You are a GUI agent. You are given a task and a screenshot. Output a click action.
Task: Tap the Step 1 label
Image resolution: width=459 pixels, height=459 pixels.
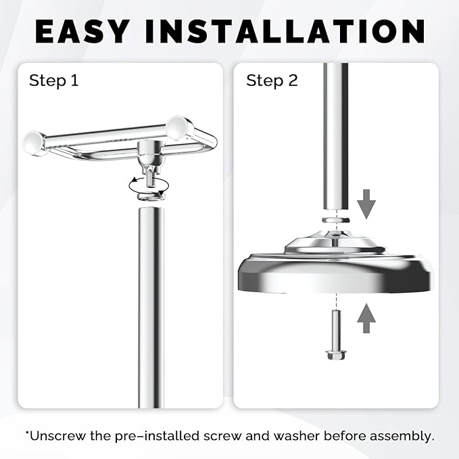click(x=53, y=81)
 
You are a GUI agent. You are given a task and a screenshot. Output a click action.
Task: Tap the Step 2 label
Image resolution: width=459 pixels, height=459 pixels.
click(x=272, y=81)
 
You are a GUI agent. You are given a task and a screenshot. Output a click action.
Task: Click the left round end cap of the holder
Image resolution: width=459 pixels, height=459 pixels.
click(x=34, y=143)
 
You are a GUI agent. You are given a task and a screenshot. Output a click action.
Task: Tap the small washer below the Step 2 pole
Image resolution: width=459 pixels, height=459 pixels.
click(x=335, y=220)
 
